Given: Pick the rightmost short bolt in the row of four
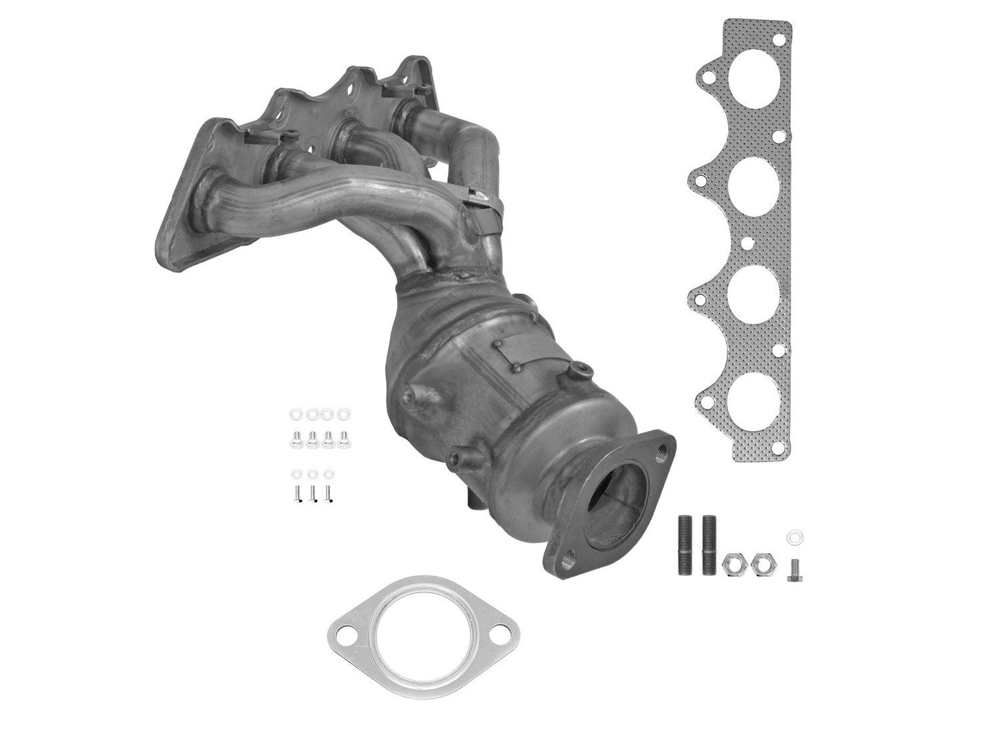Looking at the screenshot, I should pos(344,438).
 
